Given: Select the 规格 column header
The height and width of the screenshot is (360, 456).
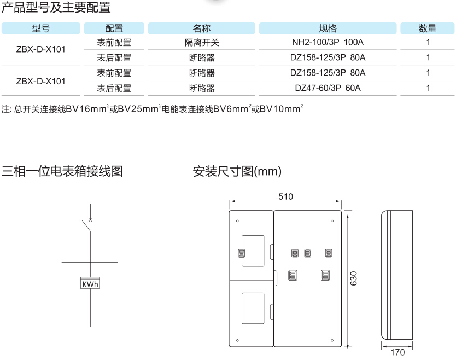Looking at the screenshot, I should (x=328, y=28).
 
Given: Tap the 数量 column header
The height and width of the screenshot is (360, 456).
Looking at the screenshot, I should (x=428, y=28).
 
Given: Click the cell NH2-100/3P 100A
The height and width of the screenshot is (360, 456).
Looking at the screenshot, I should (x=328, y=43).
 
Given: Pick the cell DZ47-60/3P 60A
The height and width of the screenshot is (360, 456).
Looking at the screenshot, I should (x=328, y=88).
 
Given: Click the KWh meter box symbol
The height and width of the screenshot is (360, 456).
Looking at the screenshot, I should (x=90, y=284).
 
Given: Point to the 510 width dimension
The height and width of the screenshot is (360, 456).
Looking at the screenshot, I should (x=285, y=196).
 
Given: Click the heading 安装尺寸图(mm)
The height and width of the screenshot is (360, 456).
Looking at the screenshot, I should (x=237, y=172).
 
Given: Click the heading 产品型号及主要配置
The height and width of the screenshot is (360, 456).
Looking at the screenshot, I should (x=56, y=8).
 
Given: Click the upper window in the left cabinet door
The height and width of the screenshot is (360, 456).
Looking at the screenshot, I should (x=253, y=251).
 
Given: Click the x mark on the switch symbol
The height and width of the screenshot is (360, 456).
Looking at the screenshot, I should (x=90, y=220).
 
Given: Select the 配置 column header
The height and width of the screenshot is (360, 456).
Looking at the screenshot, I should (x=114, y=28).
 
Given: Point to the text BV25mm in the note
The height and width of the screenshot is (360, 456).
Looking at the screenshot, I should (x=138, y=109).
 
